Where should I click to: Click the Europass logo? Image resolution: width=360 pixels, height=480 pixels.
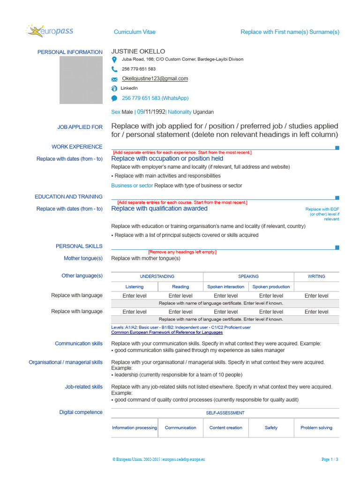click(50, 31)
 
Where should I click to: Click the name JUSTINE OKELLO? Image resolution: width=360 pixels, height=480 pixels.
click(138, 51)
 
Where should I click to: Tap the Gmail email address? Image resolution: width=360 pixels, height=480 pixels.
click(155, 79)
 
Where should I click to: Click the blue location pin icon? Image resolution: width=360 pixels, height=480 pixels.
click(114, 60)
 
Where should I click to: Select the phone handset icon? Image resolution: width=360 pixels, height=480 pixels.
click(114, 69)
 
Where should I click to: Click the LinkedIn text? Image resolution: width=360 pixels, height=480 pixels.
click(129, 88)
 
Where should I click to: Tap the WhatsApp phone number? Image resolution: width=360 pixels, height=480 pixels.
click(155, 98)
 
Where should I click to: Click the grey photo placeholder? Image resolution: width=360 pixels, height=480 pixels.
click(81, 80)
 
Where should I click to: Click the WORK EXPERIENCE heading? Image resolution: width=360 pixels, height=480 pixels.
click(77, 147)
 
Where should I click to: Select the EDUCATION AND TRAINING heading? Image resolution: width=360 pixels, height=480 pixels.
click(68, 197)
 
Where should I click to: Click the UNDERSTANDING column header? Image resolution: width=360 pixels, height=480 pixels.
click(157, 277)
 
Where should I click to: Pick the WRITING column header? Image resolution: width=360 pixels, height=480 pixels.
click(316, 277)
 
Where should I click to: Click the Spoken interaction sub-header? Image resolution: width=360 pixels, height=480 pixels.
click(225, 286)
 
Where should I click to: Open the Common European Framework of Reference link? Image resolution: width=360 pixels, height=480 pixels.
click(167, 332)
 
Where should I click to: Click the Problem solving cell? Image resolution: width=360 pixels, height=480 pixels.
click(316, 427)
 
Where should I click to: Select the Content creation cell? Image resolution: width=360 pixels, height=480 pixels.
click(225, 427)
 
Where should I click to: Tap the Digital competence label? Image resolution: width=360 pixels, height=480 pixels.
click(81, 412)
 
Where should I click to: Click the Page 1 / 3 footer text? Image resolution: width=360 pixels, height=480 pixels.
click(330, 459)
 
